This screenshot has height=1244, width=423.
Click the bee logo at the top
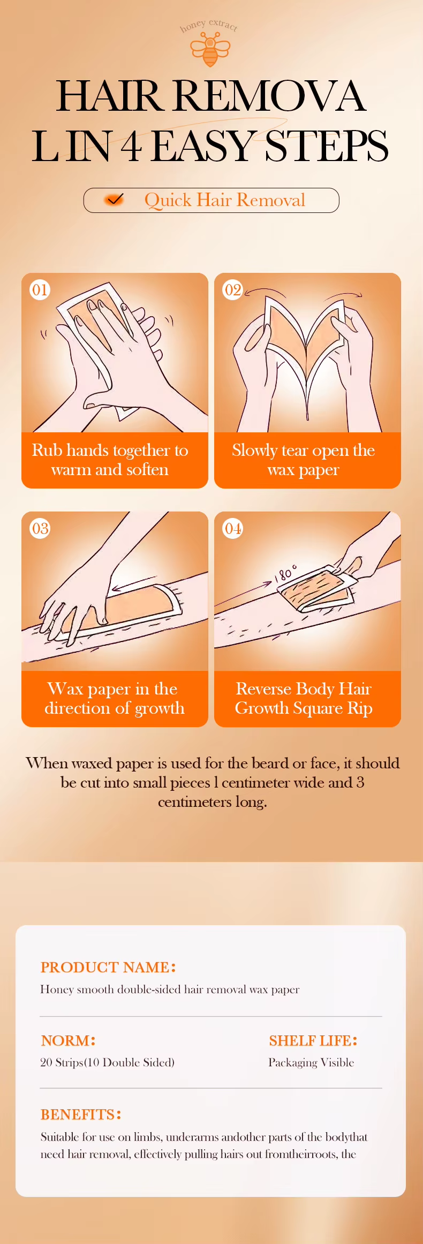click(x=210, y=50)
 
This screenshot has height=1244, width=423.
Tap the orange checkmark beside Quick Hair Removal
click(x=114, y=200)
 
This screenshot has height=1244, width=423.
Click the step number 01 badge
click(x=40, y=290)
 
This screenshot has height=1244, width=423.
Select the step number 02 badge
click(x=232, y=290)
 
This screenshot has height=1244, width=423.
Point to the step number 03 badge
click(x=40, y=529)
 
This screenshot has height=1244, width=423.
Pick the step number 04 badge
click(x=232, y=529)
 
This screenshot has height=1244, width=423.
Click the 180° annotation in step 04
click(x=285, y=573)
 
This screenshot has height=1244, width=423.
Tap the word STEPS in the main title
click(x=327, y=146)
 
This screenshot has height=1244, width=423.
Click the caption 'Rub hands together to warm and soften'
click(x=110, y=460)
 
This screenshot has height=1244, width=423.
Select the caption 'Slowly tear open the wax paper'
click(x=304, y=460)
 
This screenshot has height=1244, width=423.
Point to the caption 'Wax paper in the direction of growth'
click(x=114, y=698)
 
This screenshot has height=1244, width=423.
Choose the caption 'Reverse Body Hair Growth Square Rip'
click(x=304, y=698)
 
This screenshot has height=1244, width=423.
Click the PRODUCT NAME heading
click(x=108, y=967)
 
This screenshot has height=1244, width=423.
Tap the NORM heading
click(x=68, y=1041)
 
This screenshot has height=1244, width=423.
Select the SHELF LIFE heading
click(x=313, y=1041)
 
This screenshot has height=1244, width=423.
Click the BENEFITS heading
click(x=81, y=1115)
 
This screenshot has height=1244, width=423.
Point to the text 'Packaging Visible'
click(x=311, y=1063)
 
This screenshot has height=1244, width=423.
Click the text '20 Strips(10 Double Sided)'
click(x=108, y=1063)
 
